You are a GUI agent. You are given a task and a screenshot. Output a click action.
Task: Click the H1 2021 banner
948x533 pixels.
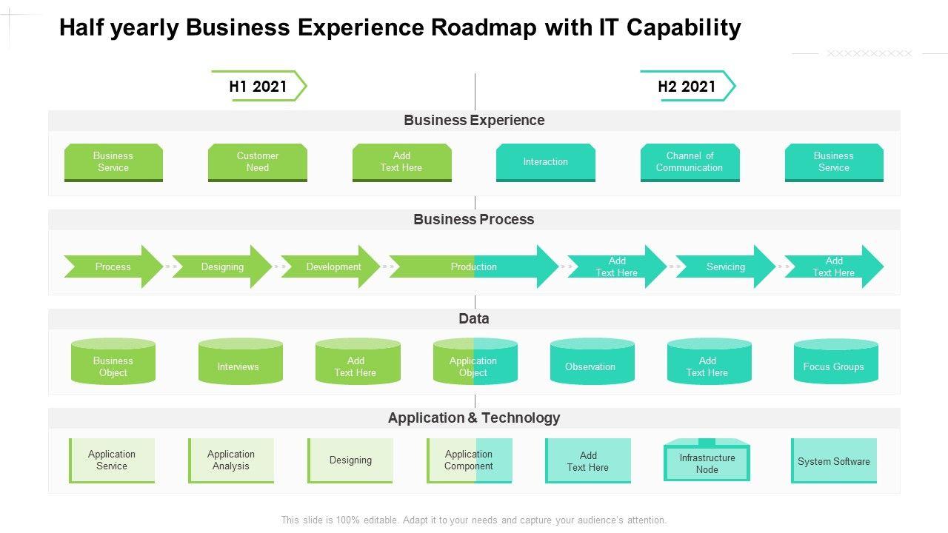click(258, 86)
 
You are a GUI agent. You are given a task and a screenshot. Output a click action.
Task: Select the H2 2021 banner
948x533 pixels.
click(687, 86)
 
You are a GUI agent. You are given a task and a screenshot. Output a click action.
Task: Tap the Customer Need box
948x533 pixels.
click(257, 162)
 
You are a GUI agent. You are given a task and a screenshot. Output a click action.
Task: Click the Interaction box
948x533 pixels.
click(545, 162)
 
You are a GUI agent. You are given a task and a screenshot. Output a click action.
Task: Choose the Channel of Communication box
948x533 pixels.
click(690, 162)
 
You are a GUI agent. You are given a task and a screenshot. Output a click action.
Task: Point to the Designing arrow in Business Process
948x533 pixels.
click(222, 266)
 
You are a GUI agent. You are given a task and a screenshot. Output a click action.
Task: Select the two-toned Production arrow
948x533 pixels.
click(474, 266)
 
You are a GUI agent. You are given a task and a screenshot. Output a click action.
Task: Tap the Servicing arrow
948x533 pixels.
click(725, 266)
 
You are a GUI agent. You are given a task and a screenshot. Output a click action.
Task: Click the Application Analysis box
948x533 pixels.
click(231, 460)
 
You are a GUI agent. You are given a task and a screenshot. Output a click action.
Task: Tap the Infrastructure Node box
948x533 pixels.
click(707, 463)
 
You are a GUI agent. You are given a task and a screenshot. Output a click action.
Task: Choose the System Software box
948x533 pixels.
click(834, 460)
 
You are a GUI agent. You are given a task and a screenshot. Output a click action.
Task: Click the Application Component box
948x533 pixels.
click(469, 460)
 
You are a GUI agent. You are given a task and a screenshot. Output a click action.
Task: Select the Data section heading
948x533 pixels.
click(474, 318)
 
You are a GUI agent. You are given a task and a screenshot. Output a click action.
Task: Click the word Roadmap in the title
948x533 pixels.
click(477, 27)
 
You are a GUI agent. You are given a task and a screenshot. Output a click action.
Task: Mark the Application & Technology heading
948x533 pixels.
click(474, 418)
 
